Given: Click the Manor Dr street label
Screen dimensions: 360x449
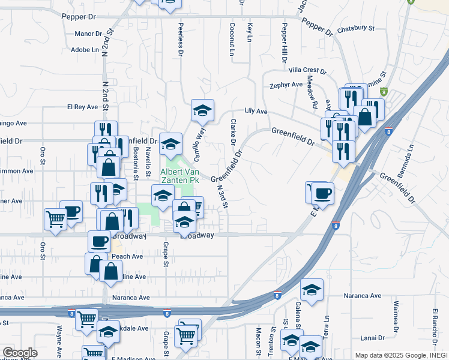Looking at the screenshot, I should pyautogui.click(x=88, y=34).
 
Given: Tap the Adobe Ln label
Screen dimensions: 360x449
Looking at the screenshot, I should pyautogui.click(x=85, y=50).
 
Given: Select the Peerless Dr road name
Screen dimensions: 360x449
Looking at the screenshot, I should pyautogui.click(x=179, y=40).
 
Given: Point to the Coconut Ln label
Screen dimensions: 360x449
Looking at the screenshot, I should pyautogui.click(x=231, y=40).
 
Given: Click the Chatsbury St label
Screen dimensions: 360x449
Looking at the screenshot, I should pyautogui.click(x=355, y=28).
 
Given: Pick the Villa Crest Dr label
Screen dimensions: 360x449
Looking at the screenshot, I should pyautogui.click(x=307, y=71).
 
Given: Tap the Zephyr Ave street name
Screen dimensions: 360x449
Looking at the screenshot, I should pyautogui.click(x=286, y=85).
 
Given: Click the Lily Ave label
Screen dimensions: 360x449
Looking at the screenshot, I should pyautogui.click(x=256, y=112).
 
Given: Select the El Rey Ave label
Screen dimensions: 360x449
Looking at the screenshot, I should pyautogui.click(x=82, y=107).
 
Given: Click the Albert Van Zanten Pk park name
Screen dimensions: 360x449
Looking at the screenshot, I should pyautogui.click(x=178, y=175).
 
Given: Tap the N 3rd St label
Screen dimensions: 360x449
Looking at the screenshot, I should pyautogui.click(x=222, y=196).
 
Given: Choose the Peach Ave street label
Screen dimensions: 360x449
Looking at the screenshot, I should pyautogui.click(x=127, y=256).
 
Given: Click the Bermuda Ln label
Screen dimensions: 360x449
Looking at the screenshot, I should pyautogui.click(x=411, y=155).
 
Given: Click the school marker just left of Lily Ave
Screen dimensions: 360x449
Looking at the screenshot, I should pyautogui.click(x=203, y=110).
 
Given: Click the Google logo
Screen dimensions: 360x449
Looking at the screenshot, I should pyautogui.click(x=20, y=353).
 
